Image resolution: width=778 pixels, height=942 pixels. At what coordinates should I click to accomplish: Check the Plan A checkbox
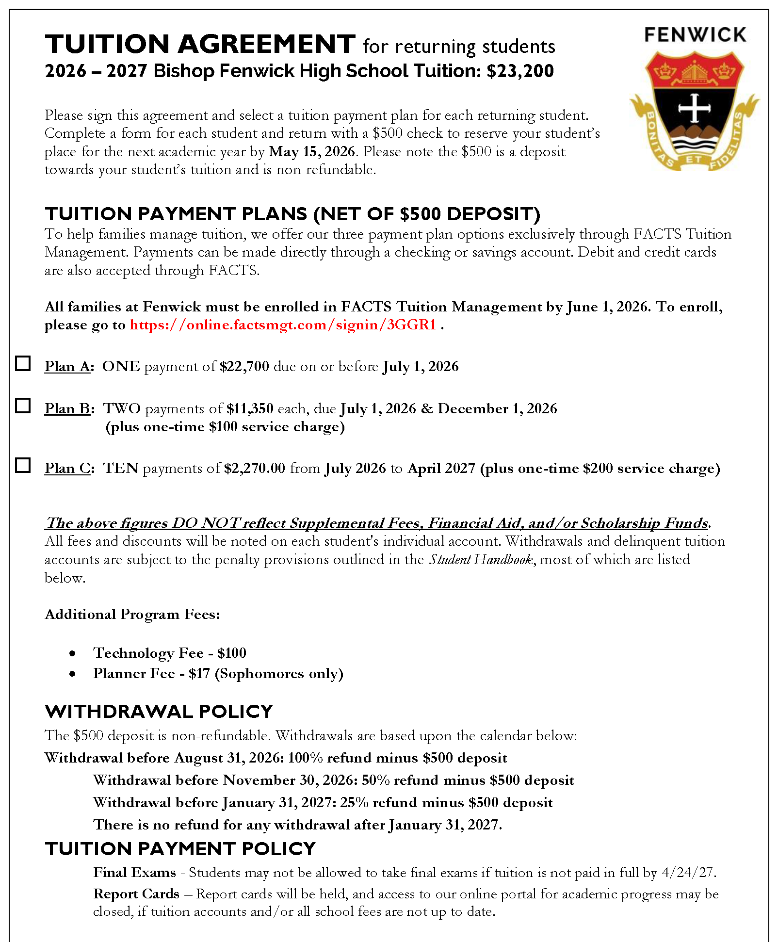pyautogui.click(x=23, y=363)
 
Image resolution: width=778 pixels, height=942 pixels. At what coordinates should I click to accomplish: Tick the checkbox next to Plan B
pyautogui.click(x=23, y=406)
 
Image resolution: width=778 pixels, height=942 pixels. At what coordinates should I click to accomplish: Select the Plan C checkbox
pyautogui.click(x=23, y=465)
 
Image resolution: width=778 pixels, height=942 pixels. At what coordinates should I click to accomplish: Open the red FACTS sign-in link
pyautogui.click(x=283, y=325)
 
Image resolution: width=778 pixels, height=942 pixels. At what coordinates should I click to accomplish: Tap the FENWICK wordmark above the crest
pyautogui.click(x=695, y=35)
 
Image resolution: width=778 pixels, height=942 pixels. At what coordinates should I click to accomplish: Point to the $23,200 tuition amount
pyautogui.click(x=520, y=71)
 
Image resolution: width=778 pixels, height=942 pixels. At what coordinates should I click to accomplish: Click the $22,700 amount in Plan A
pyautogui.click(x=244, y=366)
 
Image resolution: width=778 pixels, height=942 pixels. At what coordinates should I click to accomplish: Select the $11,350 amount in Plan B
pyautogui.click(x=250, y=408)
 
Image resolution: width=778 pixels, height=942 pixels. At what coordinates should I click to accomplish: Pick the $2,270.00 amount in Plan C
pyautogui.click(x=255, y=468)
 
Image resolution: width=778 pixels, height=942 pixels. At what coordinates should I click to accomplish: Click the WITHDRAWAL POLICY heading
pyautogui.click(x=159, y=712)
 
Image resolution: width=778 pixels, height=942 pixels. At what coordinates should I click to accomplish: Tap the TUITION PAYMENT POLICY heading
pyautogui.click(x=180, y=849)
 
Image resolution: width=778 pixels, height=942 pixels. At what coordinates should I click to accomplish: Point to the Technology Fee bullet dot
pyautogui.click(x=72, y=654)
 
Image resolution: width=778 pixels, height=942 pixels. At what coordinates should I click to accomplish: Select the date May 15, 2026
pyautogui.click(x=312, y=151)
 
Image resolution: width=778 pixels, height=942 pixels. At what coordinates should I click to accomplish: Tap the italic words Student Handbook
pyautogui.click(x=481, y=559)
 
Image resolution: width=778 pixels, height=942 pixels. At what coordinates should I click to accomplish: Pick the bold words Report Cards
pyautogui.click(x=136, y=893)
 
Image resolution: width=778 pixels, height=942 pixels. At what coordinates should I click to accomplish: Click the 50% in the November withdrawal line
pyautogui.click(x=376, y=780)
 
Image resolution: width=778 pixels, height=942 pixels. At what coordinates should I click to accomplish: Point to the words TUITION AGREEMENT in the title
pyautogui.click(x=200, y=44)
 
